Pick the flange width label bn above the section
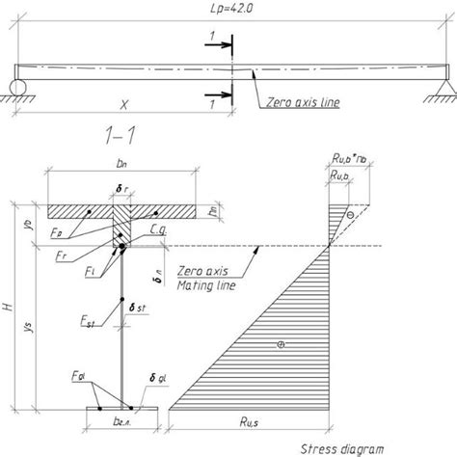tap(121, 179)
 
